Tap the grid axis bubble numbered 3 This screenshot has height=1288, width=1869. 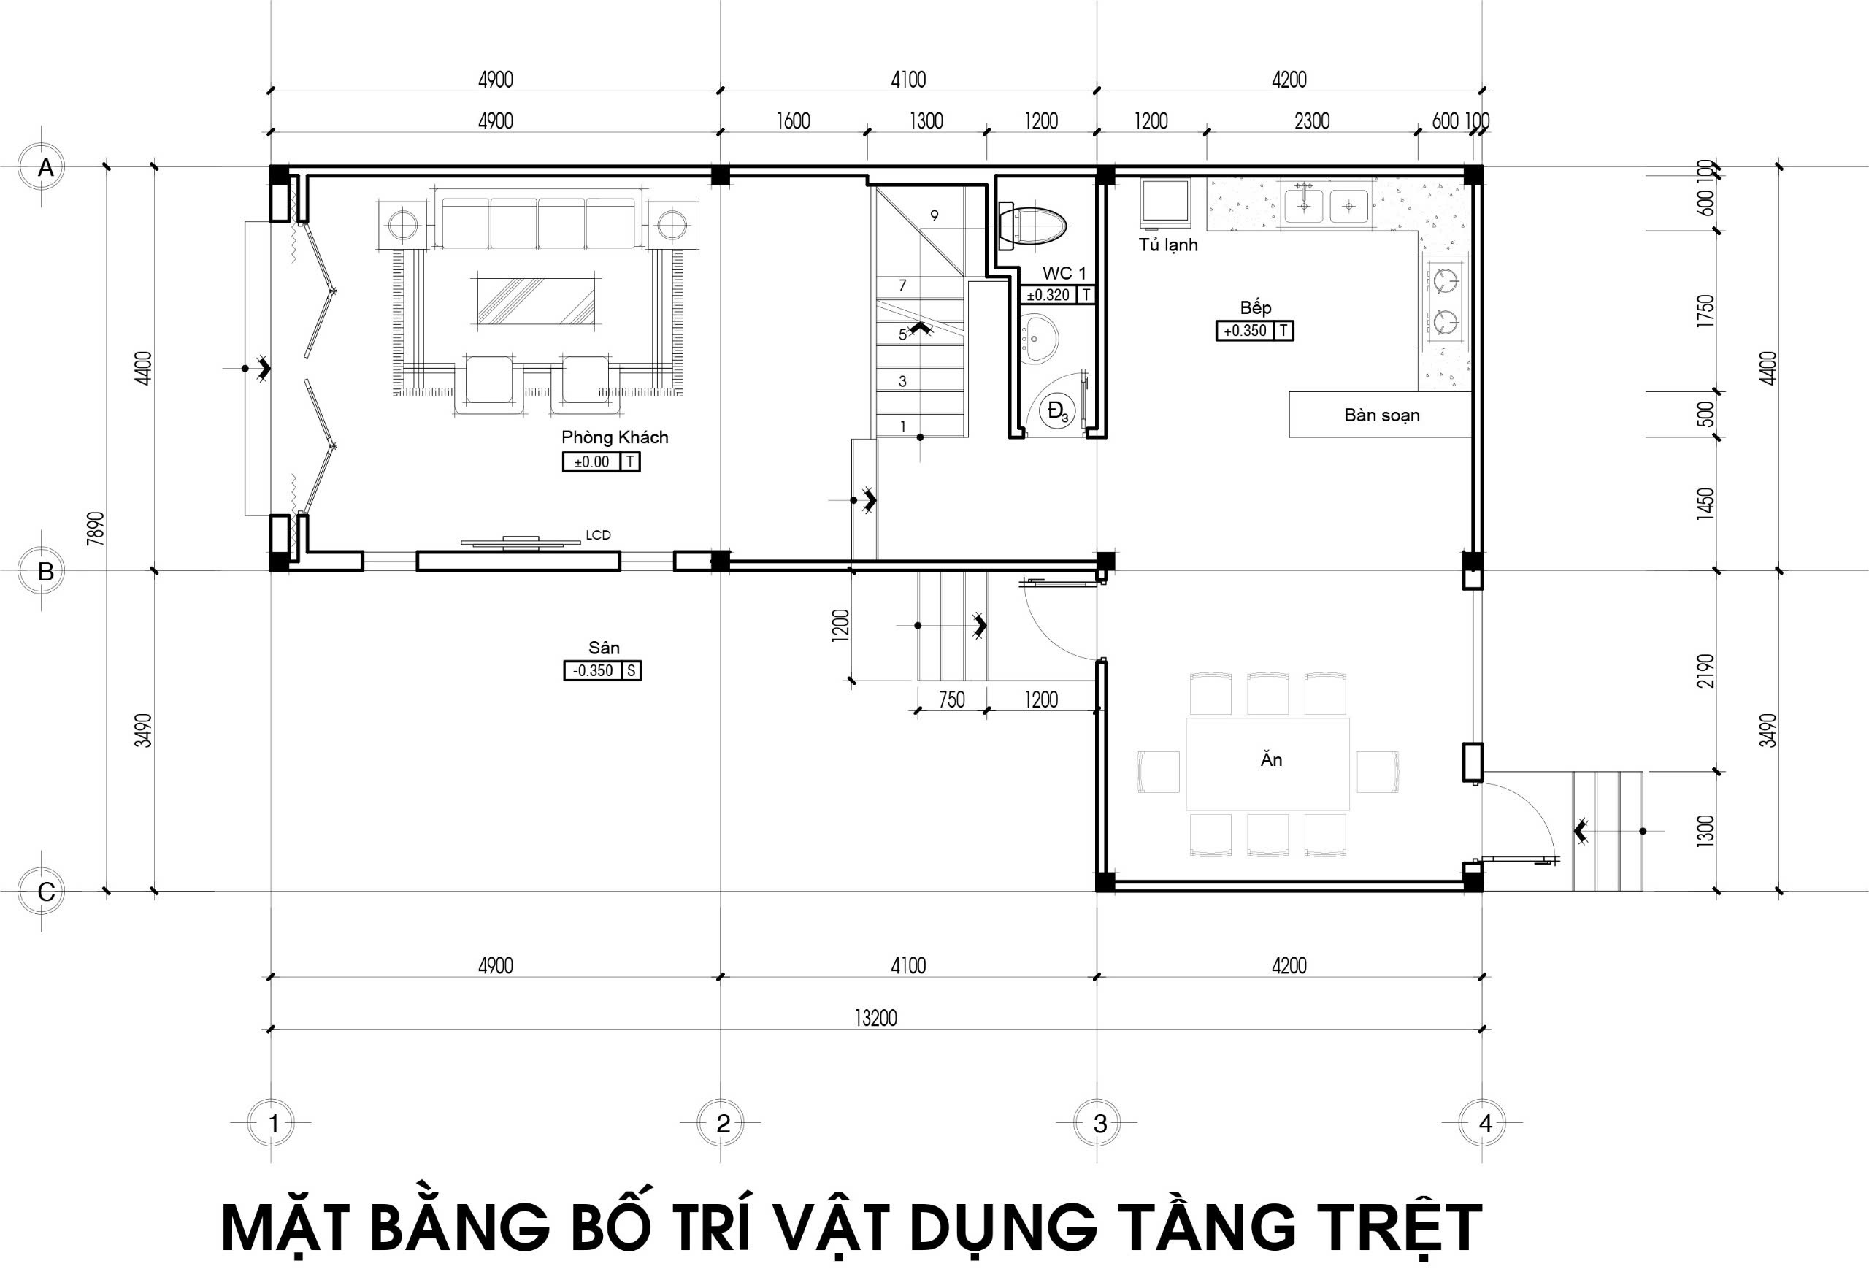[x=1099, y=1122]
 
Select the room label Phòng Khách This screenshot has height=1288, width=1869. [x=615, y=437]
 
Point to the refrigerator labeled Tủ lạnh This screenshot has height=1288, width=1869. [x=1164, y=202]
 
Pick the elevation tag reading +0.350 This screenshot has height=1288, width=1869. [x=1254, y=331]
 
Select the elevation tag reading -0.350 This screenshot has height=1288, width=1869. [x=602, y=670]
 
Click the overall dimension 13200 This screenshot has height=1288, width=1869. [x=875, y=1018]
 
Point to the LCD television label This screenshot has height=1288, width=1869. [x=598, y=535]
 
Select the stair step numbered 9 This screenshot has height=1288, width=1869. [x=934, y=215]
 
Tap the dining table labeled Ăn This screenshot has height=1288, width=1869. [x=1268, y=764]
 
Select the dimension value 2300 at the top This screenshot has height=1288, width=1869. [x=1311, y=121]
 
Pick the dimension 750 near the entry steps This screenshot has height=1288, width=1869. [x=951, y=699]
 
